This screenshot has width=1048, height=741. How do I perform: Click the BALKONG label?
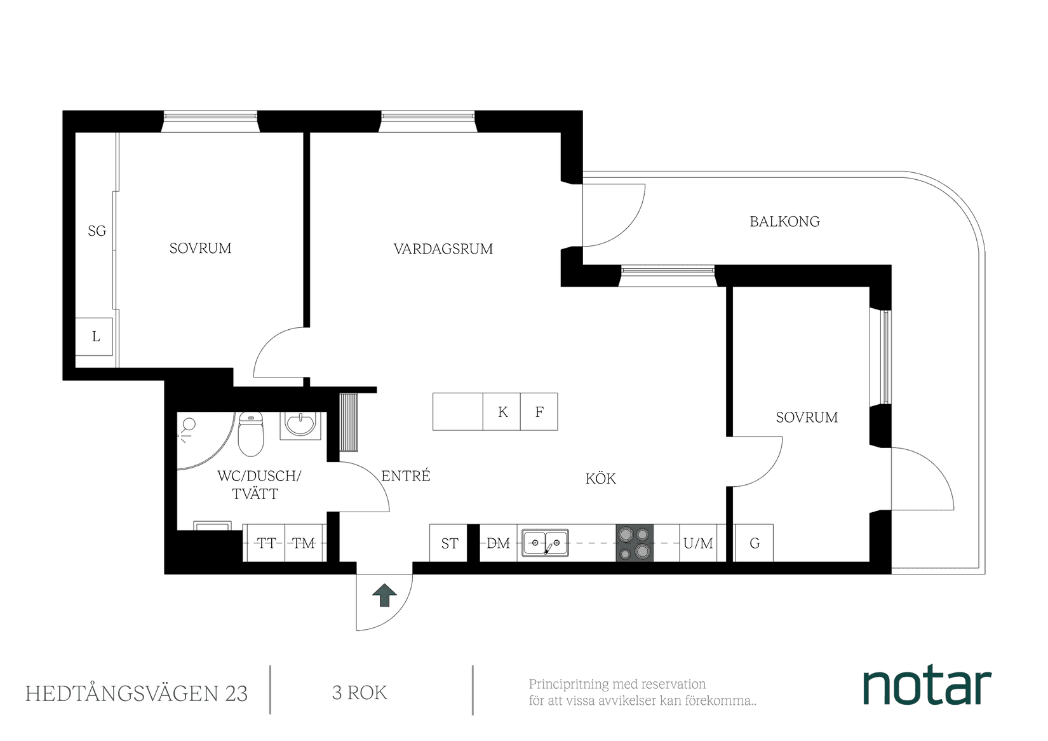784,222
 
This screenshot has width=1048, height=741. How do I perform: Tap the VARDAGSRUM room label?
443,248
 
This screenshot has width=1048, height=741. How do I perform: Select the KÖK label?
601,479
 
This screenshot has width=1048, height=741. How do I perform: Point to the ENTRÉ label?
406,475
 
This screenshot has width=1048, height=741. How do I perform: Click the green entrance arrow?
384,595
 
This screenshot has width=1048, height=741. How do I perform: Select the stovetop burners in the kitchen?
635,543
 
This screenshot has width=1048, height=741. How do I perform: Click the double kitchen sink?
545,543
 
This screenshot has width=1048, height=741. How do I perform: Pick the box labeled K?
502,412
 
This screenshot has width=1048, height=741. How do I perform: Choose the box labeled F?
539,412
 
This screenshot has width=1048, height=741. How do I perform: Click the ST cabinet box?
449,543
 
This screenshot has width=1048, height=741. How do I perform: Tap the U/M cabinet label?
698,543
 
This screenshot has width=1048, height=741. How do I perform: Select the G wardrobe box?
755,543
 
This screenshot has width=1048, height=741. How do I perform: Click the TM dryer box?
304,543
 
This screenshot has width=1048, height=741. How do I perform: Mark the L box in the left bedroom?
96,337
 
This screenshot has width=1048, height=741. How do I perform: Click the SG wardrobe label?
97,231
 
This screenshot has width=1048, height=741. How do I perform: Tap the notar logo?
927,686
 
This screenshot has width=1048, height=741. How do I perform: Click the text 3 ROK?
359,692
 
